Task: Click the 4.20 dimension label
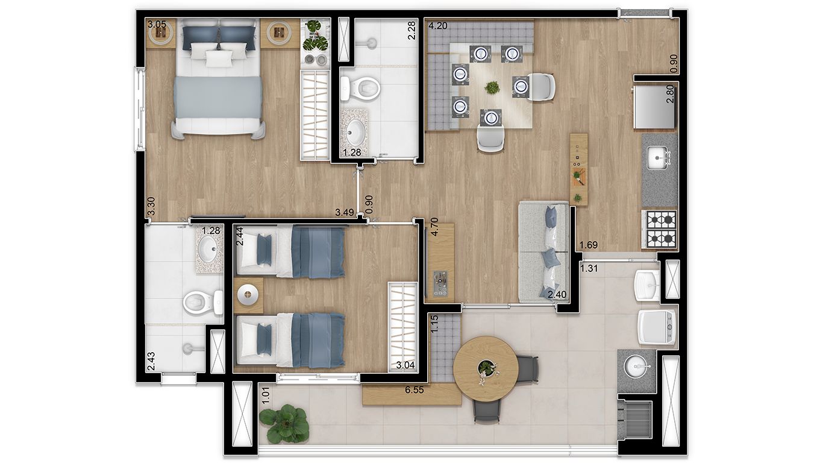(x=437, y=26)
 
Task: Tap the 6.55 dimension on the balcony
(x=415, y=390)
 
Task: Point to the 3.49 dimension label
(x=345, y=212)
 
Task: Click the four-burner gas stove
(x=661, y=229)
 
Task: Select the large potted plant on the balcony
(x=284, y=423)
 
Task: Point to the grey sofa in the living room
(x=543, y=251)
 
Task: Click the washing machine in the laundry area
(x=657, y=327)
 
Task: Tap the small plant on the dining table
(x=492, y=88)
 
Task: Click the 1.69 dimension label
(x=588, y=245)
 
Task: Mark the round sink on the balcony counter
(x=636, y=365)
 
